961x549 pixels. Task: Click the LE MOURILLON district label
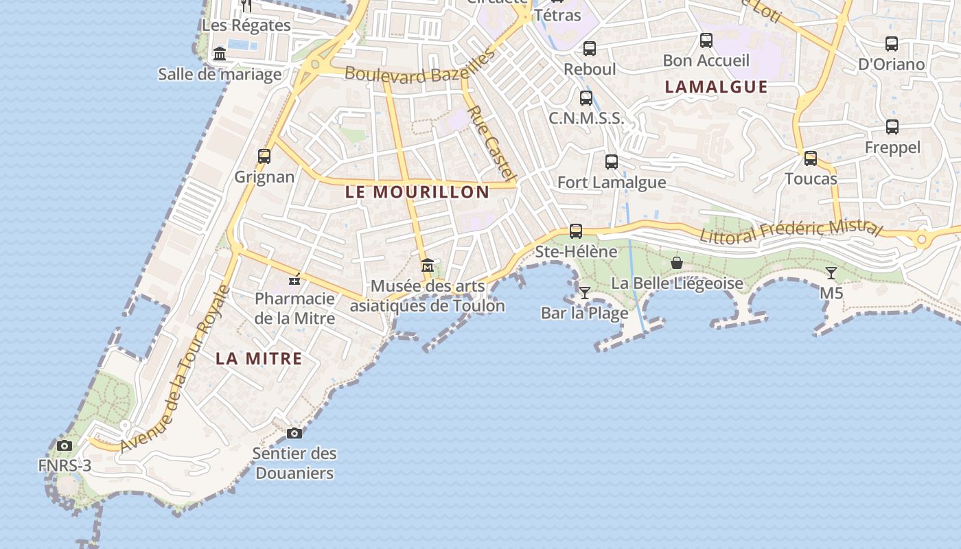417,192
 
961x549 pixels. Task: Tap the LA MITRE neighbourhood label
259,358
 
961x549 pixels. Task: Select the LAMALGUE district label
716,86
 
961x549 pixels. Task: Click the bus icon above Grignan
264,156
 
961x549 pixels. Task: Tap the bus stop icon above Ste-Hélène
576,231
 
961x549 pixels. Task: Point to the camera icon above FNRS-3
65,445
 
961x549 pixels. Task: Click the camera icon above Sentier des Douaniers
294,433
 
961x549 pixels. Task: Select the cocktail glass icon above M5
831,273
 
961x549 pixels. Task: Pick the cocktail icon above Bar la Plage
584,293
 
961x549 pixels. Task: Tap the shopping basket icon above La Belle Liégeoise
677,263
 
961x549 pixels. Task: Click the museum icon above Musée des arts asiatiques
428,265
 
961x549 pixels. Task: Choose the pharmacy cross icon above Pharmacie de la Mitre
294,279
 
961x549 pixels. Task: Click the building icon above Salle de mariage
220,54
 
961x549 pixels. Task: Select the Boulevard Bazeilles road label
419,69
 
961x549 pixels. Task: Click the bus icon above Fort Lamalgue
612,162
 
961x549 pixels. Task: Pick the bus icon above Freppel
892,127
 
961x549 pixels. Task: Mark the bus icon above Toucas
811,159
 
